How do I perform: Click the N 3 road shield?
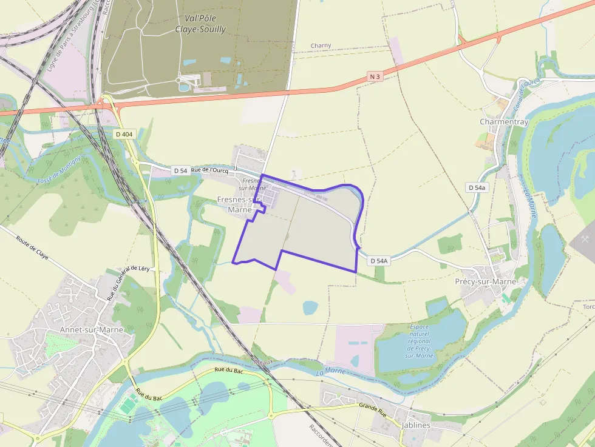click(x=375, y=76)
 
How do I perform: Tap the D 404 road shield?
click(x=123, y=133)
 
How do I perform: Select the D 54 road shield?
click(x=180, y=171)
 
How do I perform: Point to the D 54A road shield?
click(x=378, y=261)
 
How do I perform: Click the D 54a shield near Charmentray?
click(x=477, y=188)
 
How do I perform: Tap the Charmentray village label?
click(x=504, y=122)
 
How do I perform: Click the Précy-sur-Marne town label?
click(x=486, y=281)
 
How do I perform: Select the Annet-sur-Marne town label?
click(x=92, y=330)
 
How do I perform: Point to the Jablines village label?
click(x=416, y=425)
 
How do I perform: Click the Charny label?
click(x=321, y=46)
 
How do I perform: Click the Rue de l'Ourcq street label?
click(x=209, y=170)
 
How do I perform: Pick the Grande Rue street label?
click(x=373, y=406)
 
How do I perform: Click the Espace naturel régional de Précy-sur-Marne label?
click(x=418, y=341)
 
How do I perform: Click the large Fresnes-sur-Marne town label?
click(x=239, y=204)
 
